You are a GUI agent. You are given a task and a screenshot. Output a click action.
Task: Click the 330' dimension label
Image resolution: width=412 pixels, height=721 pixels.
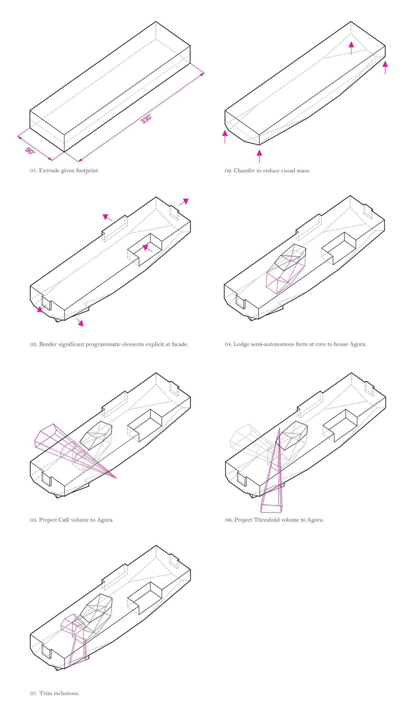coord(146,119)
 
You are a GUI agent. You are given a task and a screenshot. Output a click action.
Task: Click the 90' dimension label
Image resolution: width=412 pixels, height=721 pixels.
coord(30,151)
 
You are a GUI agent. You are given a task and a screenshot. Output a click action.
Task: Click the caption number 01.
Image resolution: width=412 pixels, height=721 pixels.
coord(33,171)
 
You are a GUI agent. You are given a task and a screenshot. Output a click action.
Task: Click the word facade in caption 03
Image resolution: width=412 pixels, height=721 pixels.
coord(179,344)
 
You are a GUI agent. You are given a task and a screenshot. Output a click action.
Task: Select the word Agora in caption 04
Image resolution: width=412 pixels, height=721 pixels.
coord(358,344)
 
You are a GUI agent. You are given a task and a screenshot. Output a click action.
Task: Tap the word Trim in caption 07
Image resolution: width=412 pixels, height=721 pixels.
coord(46,693)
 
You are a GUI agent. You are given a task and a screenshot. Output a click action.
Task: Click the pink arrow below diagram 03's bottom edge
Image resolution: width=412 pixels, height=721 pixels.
coord(80,323)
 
